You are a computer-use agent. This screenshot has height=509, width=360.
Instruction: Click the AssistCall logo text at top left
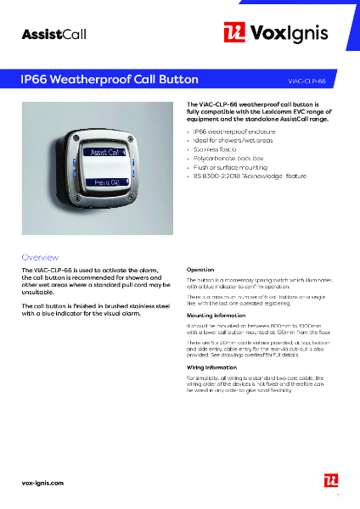point(54,34)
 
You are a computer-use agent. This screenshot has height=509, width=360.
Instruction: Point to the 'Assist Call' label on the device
point(105,152)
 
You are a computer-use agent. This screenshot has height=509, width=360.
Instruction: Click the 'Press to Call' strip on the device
point(106,182)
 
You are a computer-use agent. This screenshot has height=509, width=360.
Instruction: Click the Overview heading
point(40,256)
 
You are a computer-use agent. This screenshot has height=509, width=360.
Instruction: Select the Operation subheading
point(200,270)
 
